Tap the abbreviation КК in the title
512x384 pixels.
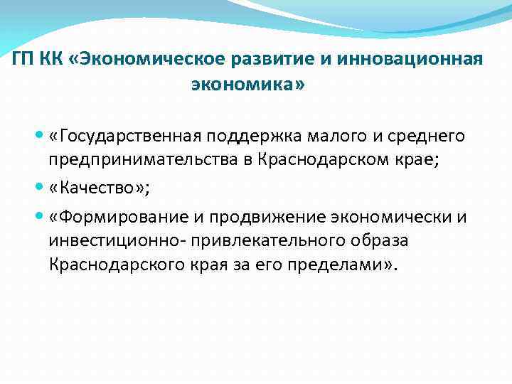(x=56, y=58)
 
